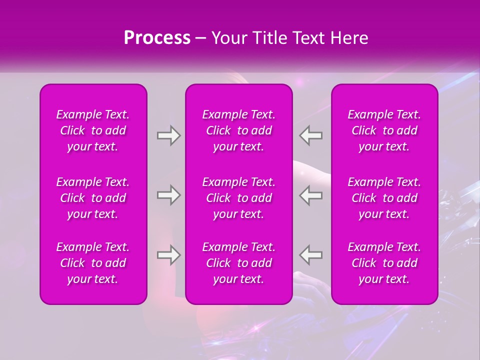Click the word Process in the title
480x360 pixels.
[x=157, y=38]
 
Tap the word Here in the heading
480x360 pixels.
[x=349, y=38]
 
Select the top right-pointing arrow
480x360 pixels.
[x=168, y=135]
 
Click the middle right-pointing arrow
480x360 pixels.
[x=168, y=195]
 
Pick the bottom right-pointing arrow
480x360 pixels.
[x=168, y=255]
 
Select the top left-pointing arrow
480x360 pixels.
[x=311, y=135]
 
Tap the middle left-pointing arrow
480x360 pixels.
[x=311, y=195]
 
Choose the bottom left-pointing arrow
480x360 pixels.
[x=311, y=255]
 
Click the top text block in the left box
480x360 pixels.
[x=93, y=130]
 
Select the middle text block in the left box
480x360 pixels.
[x=93, y=198]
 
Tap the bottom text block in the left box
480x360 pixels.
[x=93, y=263]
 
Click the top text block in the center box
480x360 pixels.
[x=238, y=130]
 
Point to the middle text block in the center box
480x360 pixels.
[x=238, y=198]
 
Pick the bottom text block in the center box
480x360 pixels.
[x=238, y=263]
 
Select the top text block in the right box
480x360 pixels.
[x=384, y=130]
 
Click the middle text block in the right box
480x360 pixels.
[x=384, y=198]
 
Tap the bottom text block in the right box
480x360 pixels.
[x=384, y=263]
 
